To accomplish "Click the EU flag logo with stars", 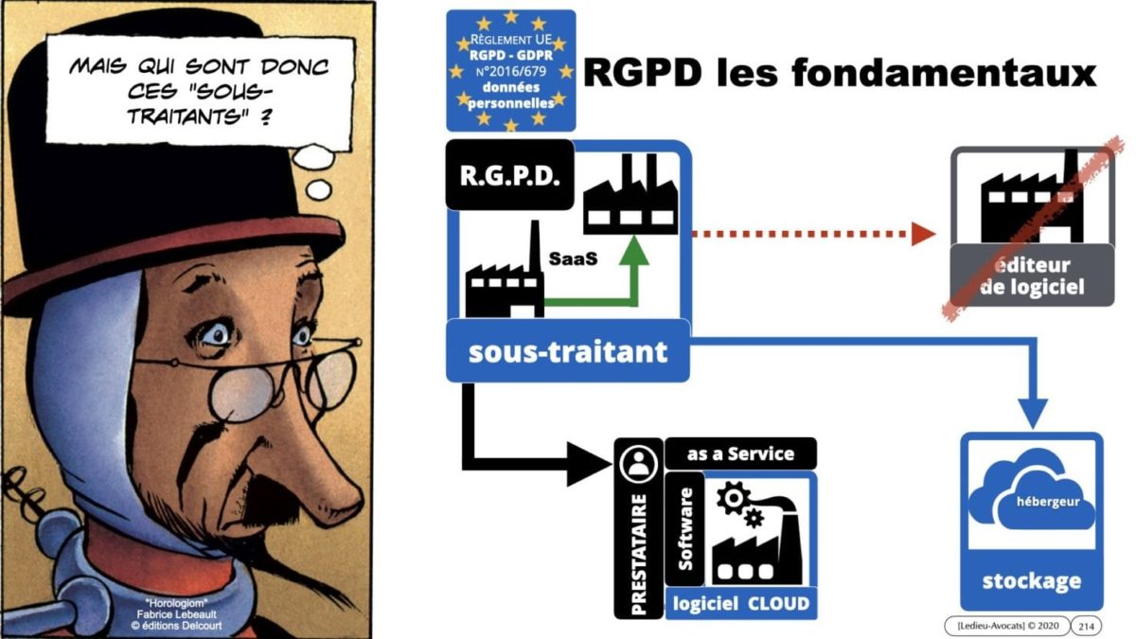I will click(510, 70).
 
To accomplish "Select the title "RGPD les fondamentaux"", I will click(839, 72).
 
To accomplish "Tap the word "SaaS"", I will click(573, 257).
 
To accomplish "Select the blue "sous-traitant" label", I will click(568, 352).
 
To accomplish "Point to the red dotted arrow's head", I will click(922, 234).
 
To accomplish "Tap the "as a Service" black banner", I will click(741, 453).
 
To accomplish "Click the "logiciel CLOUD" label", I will click(741, 603).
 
